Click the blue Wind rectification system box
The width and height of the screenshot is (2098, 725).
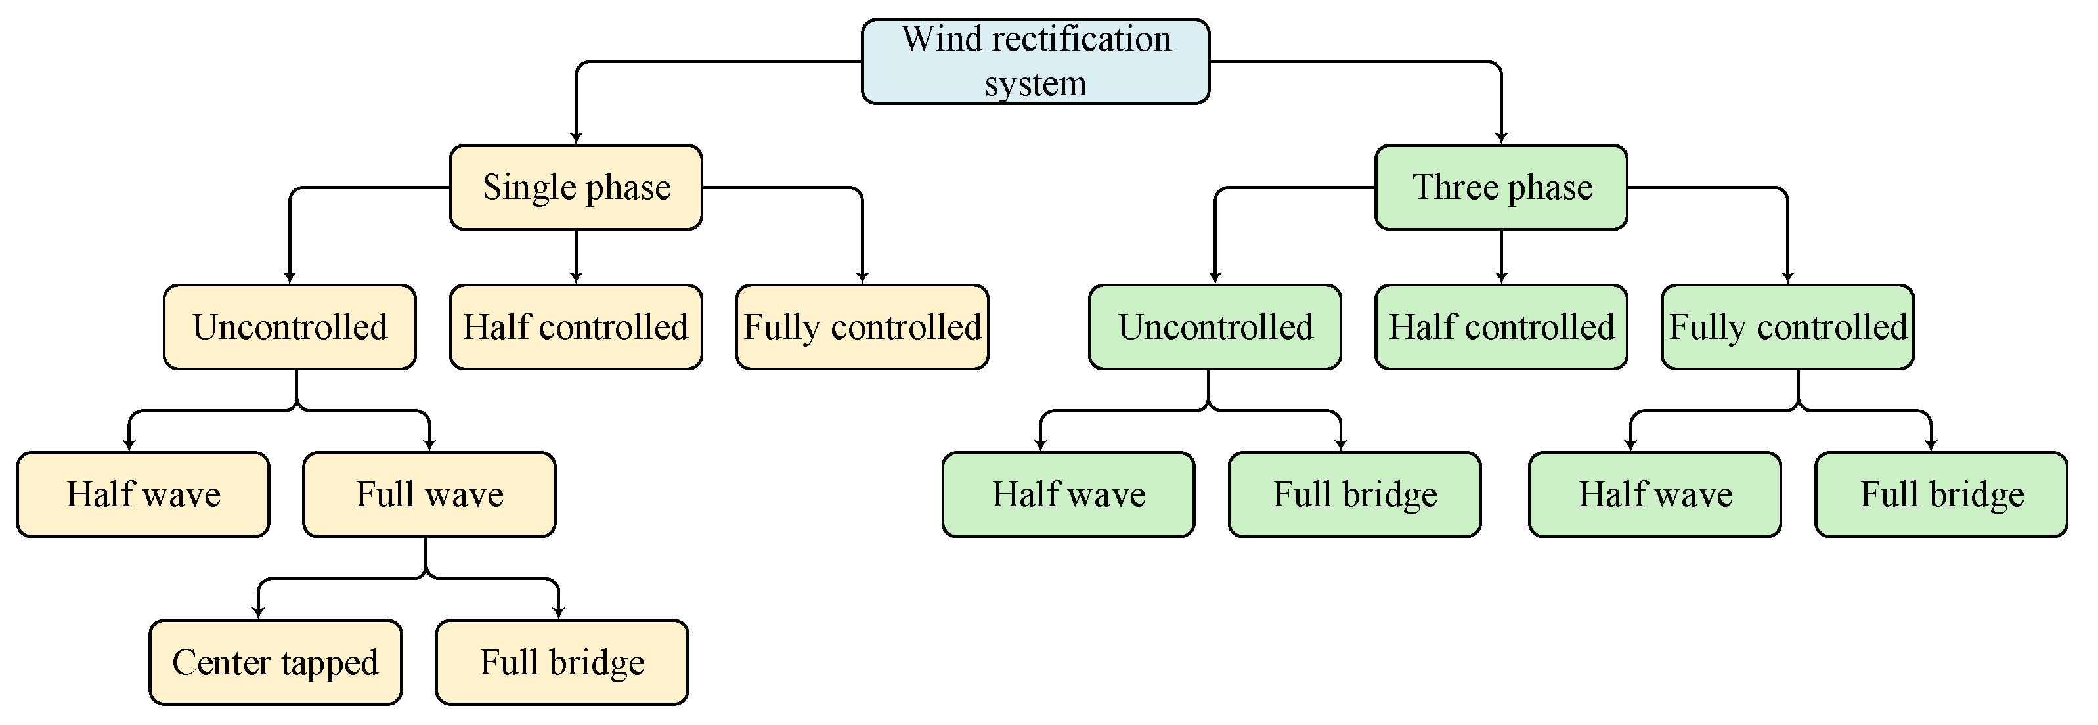[1034, 61]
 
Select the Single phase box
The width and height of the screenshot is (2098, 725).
[576, 187]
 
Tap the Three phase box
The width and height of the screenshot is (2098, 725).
[1501, 187]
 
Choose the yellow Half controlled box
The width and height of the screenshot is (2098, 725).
[576, 326]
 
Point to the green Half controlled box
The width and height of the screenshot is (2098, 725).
[1501, 326]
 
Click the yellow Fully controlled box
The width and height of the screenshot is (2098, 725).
[862, 326]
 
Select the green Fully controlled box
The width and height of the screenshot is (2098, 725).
[1787, 326]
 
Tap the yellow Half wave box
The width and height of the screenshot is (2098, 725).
[142, 494]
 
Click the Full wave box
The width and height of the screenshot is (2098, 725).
[429, 494]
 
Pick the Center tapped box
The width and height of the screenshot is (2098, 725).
[275, 662]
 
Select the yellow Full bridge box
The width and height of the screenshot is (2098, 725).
[562, 662]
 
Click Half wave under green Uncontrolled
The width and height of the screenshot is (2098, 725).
[1068, 494]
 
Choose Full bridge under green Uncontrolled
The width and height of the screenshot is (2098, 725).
[1355, 494]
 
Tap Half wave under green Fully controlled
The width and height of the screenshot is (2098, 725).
[1654, 494]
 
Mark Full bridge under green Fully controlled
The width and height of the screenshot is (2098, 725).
[1941, 494]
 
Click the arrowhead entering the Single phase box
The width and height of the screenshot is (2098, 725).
[576, 139]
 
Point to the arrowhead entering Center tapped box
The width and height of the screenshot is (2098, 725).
[258, 613]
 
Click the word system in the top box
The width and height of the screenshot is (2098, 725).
[1035, 84]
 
